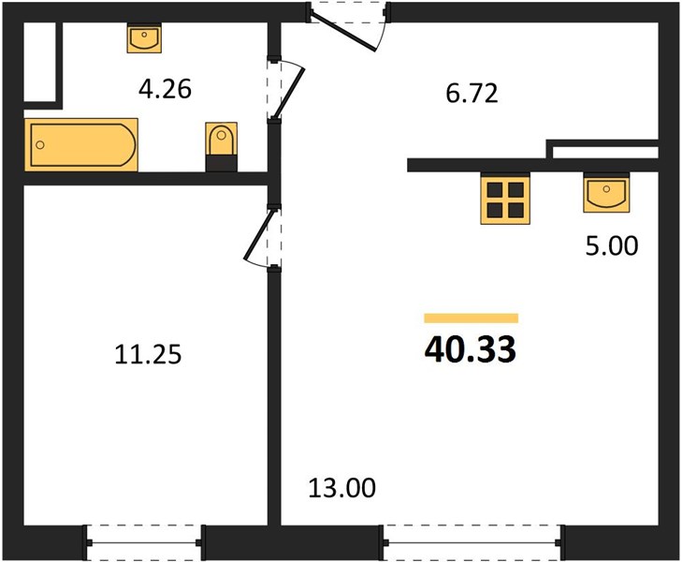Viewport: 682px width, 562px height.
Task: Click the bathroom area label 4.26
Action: pos(165,89)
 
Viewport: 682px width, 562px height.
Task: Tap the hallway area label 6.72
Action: pos(472,94)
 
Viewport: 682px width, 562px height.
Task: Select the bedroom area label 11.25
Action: pos(148,354)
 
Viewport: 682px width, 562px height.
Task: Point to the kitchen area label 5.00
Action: pos(612,245)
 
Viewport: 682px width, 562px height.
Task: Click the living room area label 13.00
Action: pos(341,488)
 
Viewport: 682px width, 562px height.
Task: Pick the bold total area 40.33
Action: pos(471,349)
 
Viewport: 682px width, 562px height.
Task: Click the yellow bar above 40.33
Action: pos(472,318)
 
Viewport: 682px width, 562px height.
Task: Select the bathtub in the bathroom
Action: pos(81,144)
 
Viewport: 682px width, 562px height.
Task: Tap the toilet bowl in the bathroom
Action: pos(222,139)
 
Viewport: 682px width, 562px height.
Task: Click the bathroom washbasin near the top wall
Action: pos(144,38)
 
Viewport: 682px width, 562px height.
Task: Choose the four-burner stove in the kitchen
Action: pos(505,200)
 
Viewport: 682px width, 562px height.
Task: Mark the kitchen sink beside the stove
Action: pos(606,193)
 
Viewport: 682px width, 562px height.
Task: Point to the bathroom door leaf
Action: pos(288,93)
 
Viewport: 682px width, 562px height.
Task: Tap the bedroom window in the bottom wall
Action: pos(144,543)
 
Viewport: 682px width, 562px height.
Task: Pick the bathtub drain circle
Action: pos(40,145)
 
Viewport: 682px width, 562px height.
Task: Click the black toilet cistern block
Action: pos(222,163)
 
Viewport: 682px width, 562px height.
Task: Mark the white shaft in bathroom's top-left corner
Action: pos(39,62)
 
